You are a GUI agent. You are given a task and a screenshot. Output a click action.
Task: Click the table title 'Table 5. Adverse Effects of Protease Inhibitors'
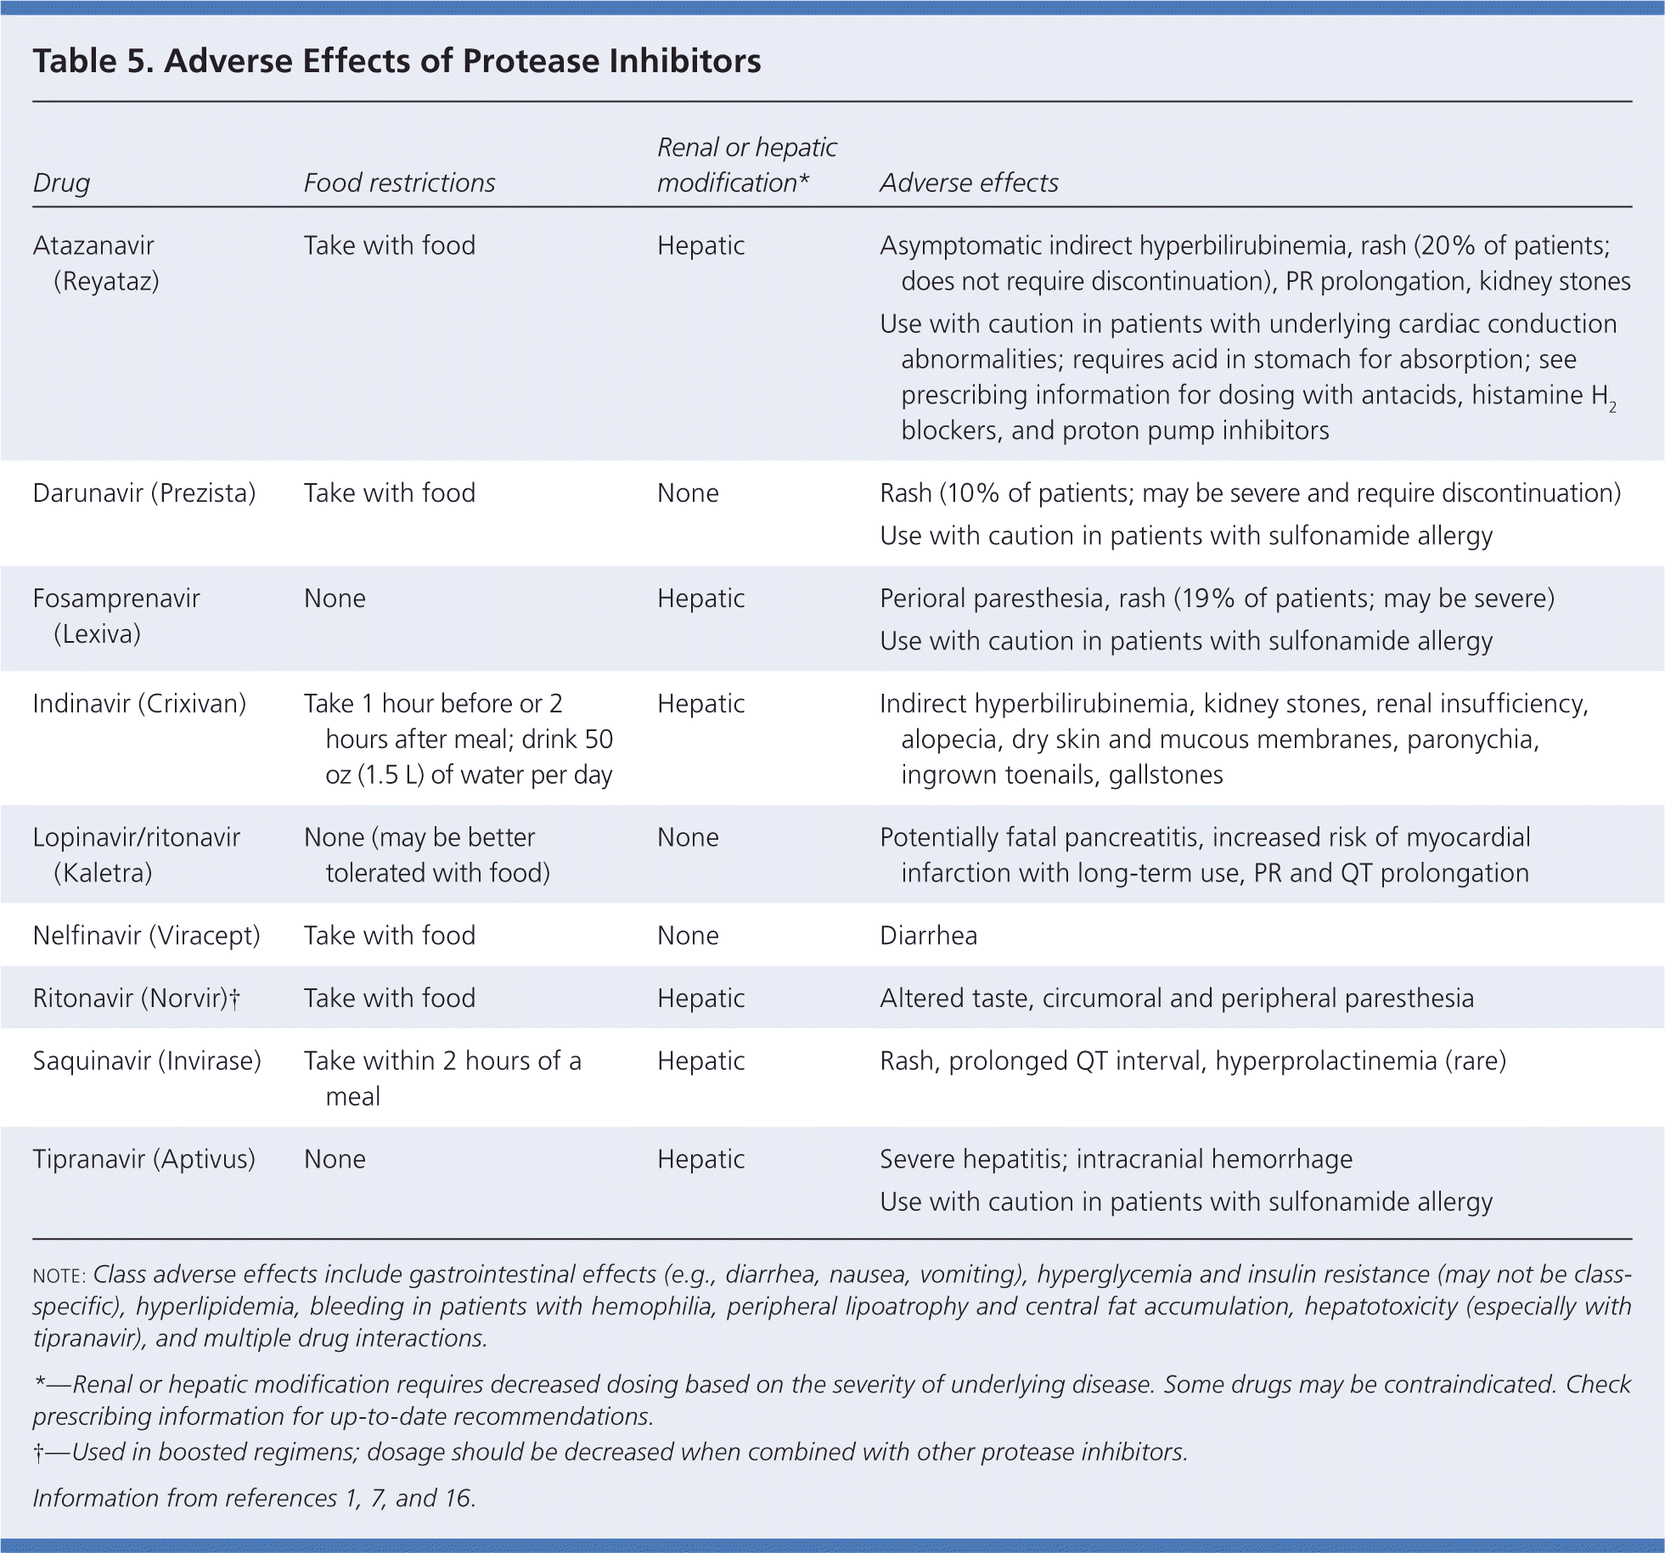click(397, 61)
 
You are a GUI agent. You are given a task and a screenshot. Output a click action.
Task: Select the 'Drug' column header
click(61, 183)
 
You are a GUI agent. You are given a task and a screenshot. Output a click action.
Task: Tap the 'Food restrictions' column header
click(399, 183)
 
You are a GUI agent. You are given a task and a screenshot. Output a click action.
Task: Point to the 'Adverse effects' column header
click(969, 183)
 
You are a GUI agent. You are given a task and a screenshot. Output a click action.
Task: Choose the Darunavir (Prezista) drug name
click(144, 493)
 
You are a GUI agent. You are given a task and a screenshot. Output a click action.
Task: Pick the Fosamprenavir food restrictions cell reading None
click(335, 599)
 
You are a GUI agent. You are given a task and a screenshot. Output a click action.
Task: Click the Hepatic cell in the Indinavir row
click(700, 704)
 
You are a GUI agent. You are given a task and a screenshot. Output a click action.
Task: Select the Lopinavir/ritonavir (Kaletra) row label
click(136, 854)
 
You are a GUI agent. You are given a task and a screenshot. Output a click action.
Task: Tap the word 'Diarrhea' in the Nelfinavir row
click(928, 936)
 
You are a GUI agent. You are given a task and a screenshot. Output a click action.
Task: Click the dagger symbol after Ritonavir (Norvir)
click(235, 999)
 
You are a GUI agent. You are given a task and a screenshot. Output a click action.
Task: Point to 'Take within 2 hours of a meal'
click(442, 1078)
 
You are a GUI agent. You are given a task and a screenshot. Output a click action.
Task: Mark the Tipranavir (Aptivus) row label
click(144, 1159)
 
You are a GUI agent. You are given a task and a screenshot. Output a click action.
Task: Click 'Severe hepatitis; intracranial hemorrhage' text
click(1116, 1159)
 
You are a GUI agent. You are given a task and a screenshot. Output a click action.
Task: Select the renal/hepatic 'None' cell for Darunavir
click(688, 493)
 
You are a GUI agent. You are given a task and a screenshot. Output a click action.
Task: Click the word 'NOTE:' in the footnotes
click(59, 1276)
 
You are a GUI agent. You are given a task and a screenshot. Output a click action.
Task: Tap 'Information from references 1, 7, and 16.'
click(254, 1498)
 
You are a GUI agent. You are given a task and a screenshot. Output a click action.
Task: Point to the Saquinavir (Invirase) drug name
click(147, 1061)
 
